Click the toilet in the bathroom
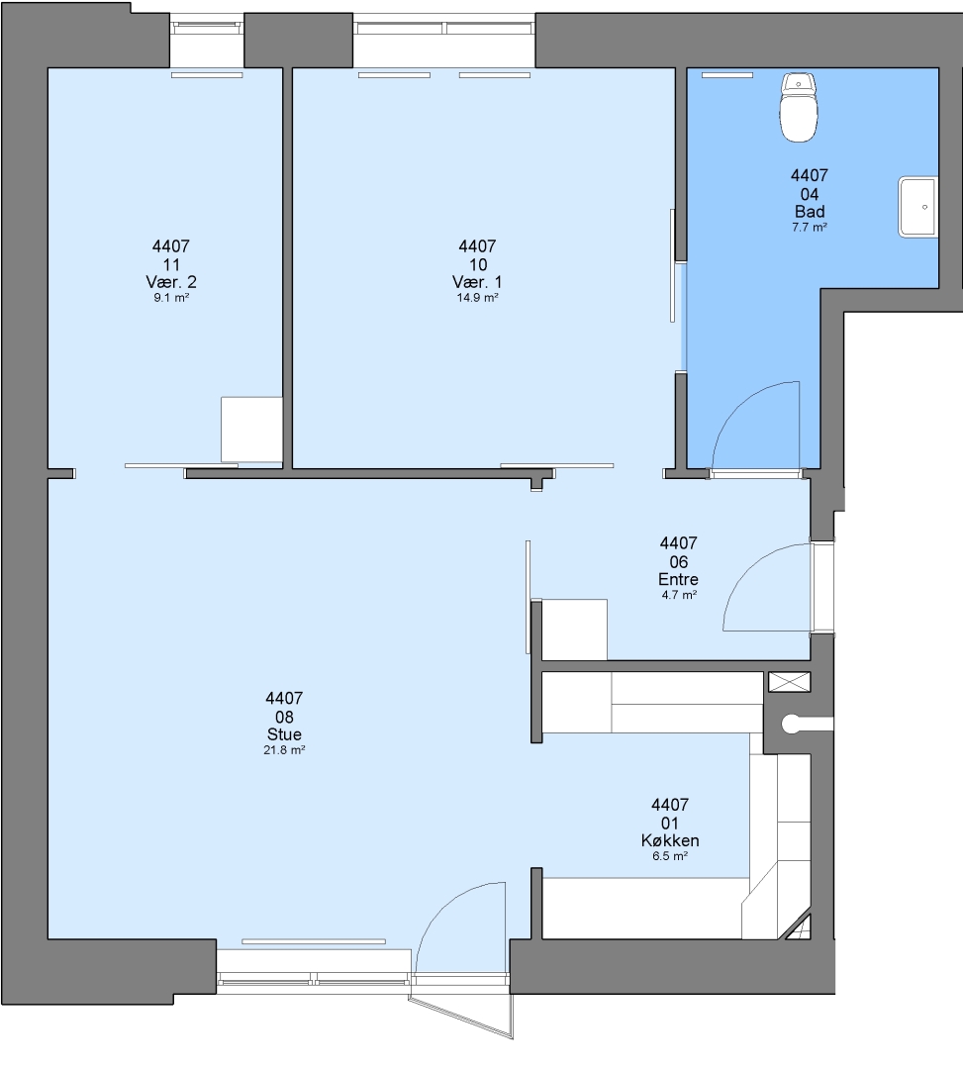(799, 107)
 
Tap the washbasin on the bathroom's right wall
(918, 207)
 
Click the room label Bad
(810, 212)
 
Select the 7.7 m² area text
(810, 227)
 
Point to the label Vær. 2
(171, 281)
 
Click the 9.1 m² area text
(171, 297)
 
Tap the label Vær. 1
(477, 281)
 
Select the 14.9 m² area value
(477, 297)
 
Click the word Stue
(284, 734)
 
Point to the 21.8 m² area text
(284, 750)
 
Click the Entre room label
(678, 579)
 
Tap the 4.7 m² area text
(679, 595)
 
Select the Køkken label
(670, 840)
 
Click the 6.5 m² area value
(670, 856)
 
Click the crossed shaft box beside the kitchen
(789, 682)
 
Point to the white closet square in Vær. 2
(251, 430)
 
